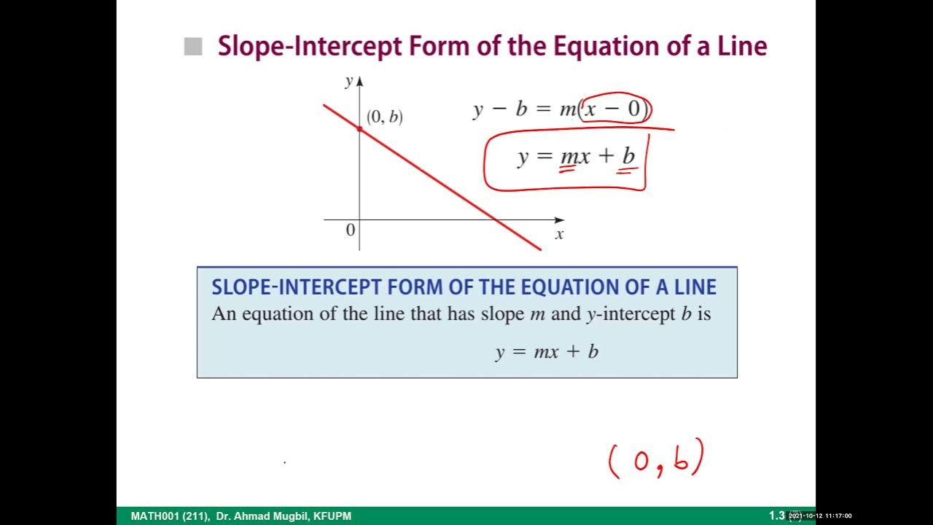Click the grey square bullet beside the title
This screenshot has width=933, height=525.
pos(193,47)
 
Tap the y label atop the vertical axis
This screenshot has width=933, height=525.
pos(348,81)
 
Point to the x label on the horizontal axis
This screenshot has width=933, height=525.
pos(559,235)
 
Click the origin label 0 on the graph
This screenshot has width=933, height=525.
pos(350,230)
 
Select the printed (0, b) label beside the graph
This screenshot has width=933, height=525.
pos(384,117)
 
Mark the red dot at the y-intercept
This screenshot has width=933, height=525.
pos(359,128)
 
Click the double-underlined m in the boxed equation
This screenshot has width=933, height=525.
pos(567,157)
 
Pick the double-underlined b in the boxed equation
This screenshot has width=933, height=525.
pos(628,157)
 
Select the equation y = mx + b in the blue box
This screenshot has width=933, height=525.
pos(547,352)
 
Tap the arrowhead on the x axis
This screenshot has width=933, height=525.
pos(559,219)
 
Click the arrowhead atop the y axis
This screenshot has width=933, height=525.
pos(359,79)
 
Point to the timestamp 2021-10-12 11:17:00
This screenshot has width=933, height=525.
pos(820,516)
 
